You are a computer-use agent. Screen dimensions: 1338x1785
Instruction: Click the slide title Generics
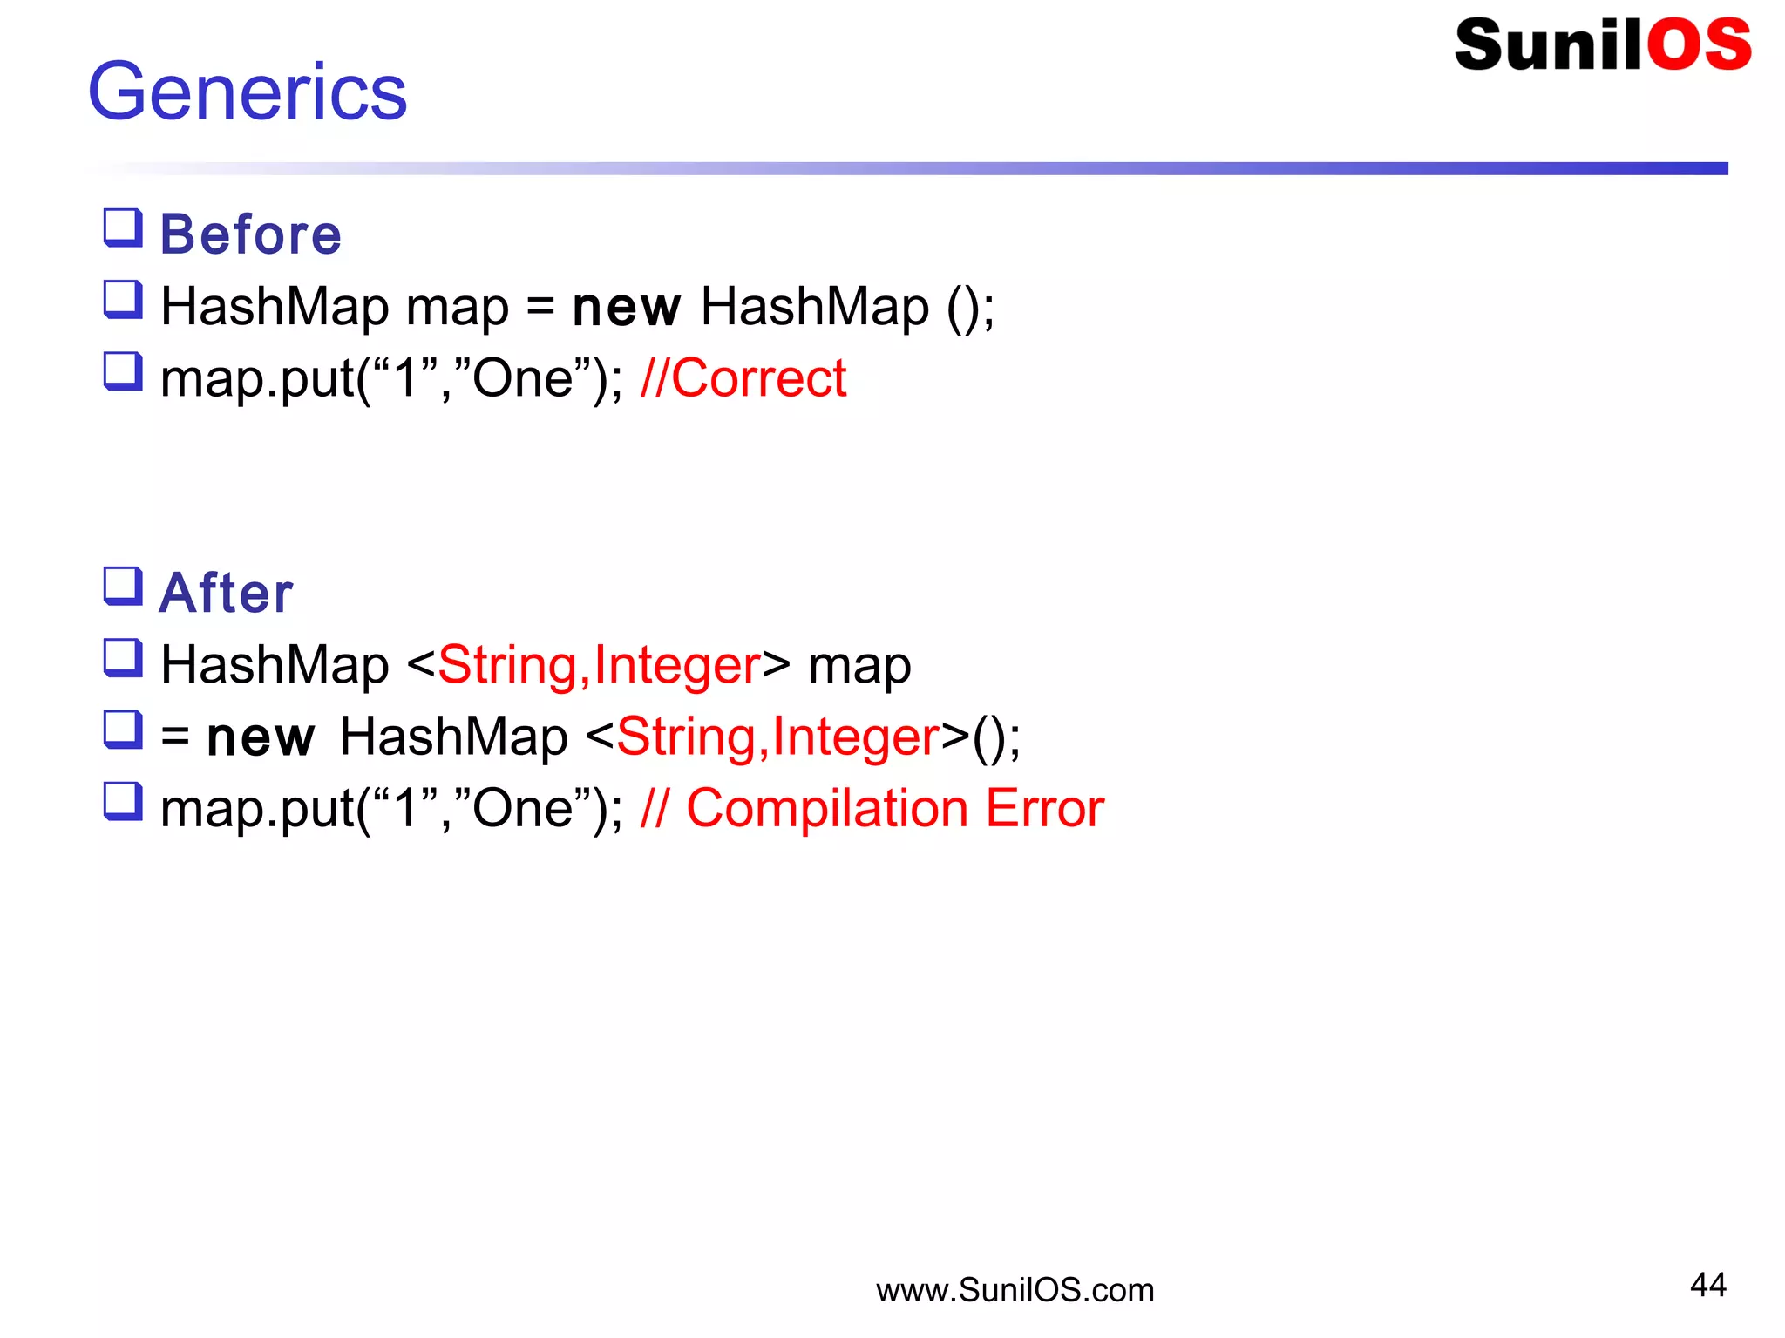click(x=248, y=92)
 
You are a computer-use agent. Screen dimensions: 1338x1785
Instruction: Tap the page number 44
click(x=1707, y=1284)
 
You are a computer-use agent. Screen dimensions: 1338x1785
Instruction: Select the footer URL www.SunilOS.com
click(x=1015, y=1290)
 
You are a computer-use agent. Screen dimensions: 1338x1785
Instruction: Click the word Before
click(x=251, y=234)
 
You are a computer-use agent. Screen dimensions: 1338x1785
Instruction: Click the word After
click(x=227, y=594)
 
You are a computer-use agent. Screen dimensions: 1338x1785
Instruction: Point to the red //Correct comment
click(x=743, y=378)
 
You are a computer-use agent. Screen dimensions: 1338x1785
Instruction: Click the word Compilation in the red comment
click(x=827, y=808)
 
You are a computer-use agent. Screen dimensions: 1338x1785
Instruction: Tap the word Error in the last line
click(x=1045, y=808)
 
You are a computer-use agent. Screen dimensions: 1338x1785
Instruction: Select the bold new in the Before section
click(x=626, y=308)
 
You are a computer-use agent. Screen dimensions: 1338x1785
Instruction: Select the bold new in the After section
click(x=261, y=737)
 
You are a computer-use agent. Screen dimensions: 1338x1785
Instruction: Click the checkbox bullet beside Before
click(x=123, y=228)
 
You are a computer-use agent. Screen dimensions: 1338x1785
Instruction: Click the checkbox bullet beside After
click(x=123, y=587)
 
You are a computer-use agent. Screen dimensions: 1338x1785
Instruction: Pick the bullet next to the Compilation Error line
click(x=123, y=801)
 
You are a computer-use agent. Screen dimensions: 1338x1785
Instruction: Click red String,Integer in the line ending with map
click(x=600, y=665)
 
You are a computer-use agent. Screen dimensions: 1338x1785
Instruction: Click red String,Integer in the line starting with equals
click(x=778, y=737)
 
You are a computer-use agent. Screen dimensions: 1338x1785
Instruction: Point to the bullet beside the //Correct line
click(x=123, y=371)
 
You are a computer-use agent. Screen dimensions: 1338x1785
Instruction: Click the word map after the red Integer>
click(x=859, y=667)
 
